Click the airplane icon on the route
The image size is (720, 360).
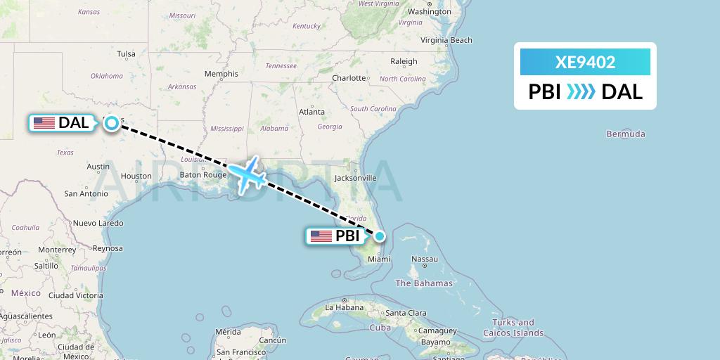pos(246,174)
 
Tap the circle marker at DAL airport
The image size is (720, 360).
pos(112,123)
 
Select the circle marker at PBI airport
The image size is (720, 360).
pos(380,236)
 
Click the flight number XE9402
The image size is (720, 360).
pos(585,62)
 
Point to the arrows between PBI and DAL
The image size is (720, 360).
pos(581,91)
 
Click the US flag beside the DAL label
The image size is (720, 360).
pos(44,123)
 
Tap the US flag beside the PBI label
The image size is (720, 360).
pos(321,236)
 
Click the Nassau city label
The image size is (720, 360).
pos(424,259)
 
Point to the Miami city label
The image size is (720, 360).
pos(378,259)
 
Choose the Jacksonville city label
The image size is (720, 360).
pos(356,178)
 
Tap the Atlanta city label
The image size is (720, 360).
pos(311,112)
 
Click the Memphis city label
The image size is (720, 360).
pos(221,74)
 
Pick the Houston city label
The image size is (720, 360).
pos(136,176)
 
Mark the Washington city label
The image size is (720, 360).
pos(429,12)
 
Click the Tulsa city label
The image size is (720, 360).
pos(126,54)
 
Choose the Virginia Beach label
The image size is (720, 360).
pos(446,40)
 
